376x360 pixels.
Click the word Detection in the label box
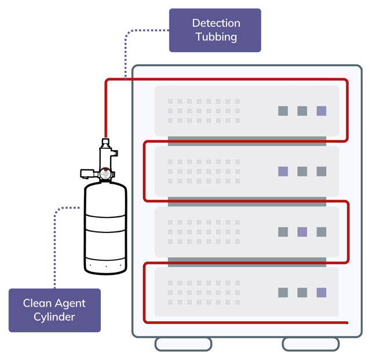216,23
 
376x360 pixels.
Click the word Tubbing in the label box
216,37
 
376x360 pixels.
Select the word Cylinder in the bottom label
54,317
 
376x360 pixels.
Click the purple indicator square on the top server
322,111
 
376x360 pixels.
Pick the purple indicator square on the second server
283,172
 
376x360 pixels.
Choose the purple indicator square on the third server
302,232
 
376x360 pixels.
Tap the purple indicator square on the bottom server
322,292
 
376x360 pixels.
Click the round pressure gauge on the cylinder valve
105,173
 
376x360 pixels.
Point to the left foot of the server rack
184,344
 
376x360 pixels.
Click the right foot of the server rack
311,344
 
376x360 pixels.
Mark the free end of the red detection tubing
347,322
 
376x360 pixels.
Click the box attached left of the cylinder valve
87,173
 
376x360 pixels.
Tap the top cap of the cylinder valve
105,141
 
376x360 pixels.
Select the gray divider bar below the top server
247,141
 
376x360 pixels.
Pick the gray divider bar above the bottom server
247,262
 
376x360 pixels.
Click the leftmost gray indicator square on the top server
283,111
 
